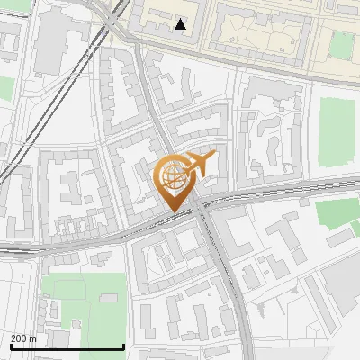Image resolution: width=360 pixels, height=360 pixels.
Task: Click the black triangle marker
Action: [181, 24]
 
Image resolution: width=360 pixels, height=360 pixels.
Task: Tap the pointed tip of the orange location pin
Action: [173, 212]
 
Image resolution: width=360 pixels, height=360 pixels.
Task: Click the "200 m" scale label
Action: [23, 337]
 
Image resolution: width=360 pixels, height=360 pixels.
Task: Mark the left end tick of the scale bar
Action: [10, 346]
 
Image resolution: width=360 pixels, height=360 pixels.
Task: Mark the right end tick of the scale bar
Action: [123, 346]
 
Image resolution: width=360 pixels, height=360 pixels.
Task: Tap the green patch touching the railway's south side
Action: [337, 212]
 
